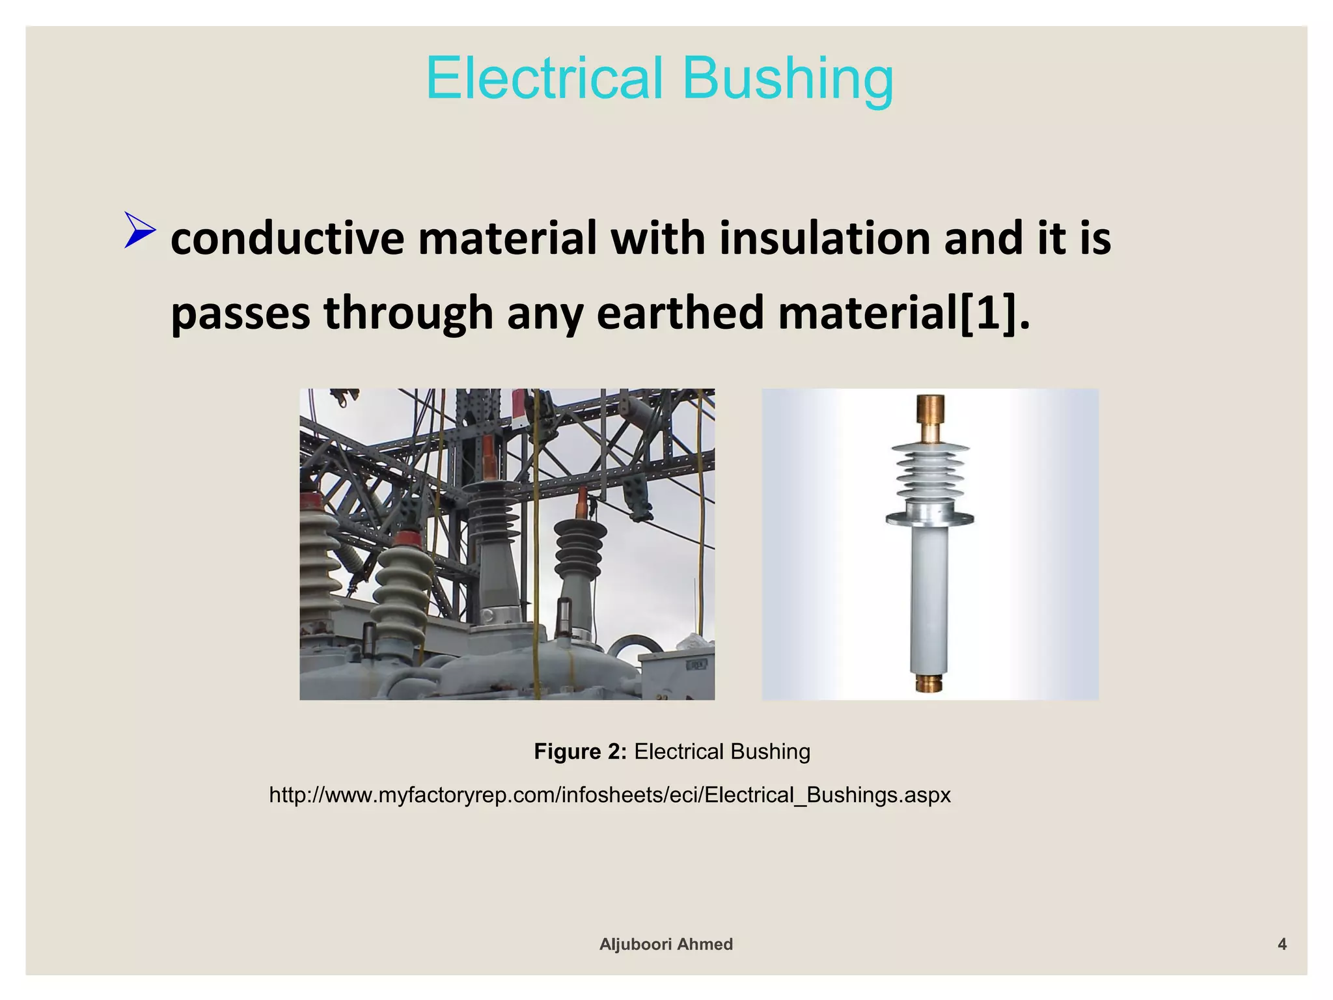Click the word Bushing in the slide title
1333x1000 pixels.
(788, 79)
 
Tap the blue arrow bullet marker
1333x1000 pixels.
(139, 230)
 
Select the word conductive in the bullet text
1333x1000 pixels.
(286, 238)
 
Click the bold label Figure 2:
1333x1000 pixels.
(580, 752)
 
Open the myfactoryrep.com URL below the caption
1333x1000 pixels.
(610, 795)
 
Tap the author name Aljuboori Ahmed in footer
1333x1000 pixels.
(666, 944)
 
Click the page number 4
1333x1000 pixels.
(1282, 944)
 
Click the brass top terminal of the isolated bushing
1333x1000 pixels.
(931, 417)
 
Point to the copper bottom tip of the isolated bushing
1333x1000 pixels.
(929, 684)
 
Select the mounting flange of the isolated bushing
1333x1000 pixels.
(930, 518)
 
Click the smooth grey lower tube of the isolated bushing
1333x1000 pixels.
(929, 599)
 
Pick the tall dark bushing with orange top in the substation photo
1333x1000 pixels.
(493, 527)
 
